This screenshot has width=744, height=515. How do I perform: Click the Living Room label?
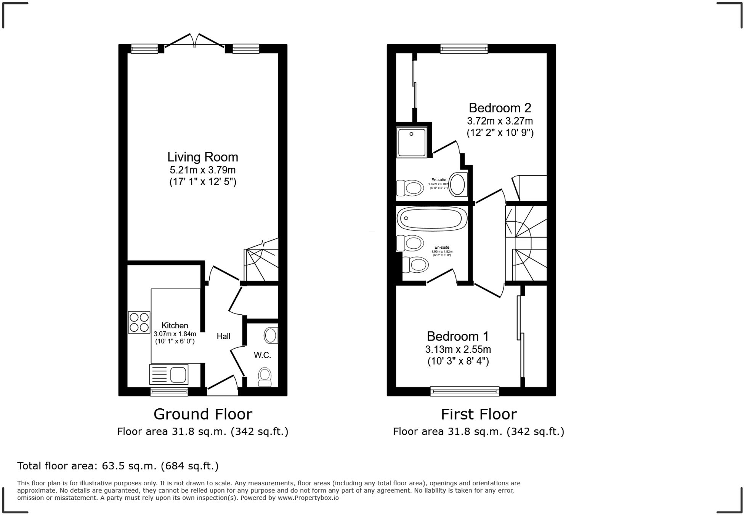(202, 157)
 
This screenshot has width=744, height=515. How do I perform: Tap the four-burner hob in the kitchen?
(139, 322)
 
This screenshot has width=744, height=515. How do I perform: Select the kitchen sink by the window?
(169, 374)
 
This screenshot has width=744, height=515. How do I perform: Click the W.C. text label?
(262, 355)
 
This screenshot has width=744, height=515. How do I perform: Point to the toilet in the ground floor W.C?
(265, 376)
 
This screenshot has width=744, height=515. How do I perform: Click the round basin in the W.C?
(271, 335)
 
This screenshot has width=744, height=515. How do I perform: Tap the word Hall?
(223, 336)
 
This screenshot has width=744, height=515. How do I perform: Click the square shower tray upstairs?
(412, 142)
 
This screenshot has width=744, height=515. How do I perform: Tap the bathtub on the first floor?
(432, 219)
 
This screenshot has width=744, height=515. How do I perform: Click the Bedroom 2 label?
(500, 108)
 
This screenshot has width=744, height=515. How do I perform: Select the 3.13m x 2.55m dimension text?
(458, 349)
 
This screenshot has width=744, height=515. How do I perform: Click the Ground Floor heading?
(202, 414)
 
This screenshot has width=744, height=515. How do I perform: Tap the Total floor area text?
(118, 465)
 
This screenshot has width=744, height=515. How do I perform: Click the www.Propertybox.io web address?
(308, 497)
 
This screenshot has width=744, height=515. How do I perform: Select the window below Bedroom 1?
(464, 391)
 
